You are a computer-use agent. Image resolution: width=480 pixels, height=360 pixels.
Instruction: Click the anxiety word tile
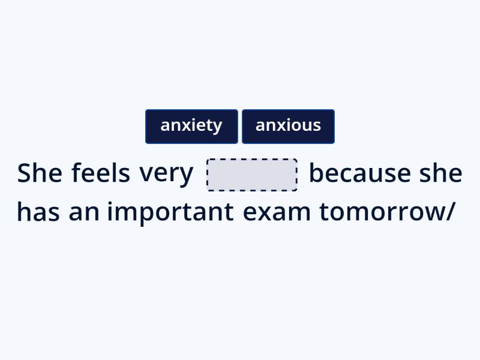[191, 126]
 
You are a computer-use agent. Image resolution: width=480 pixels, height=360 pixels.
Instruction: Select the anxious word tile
[288, 126]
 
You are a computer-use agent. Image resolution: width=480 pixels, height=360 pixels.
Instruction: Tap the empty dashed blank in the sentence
[252, 175]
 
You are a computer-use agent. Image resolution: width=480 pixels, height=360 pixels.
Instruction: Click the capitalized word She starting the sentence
[40, 173]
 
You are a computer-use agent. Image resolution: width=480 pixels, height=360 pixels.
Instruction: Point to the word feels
[100, 173]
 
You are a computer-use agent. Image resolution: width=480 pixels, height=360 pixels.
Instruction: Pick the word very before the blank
[166, 174]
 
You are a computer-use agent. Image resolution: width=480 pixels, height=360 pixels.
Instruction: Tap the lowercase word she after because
[440, 173]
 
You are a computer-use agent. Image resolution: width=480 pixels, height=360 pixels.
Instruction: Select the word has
[38, 212]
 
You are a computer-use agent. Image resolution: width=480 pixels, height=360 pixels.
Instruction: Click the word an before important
[83, 212]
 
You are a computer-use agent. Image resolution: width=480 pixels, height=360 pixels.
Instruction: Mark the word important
[170, 212]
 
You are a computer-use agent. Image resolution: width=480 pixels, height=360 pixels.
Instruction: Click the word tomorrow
[382, 212]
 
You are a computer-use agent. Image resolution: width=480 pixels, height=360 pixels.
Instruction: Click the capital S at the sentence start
[23, 173]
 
